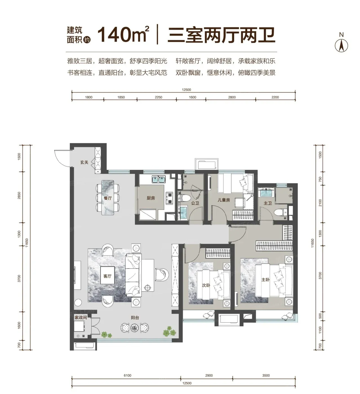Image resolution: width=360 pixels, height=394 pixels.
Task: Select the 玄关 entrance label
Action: (x=84, y=162)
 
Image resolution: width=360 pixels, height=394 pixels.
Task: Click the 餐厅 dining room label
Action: (x=108, y=198)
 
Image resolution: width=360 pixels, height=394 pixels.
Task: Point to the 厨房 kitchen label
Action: (x=151, y=198)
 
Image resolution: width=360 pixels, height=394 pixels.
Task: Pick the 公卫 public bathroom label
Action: (x=195, y=203)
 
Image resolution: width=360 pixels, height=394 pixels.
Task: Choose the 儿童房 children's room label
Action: (x=224, y=200)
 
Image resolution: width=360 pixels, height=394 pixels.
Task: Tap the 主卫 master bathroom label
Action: (x=268, y=203)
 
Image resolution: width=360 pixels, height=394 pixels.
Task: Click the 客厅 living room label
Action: (x=107, y=276)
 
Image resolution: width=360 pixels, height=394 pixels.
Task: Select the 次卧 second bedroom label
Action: (x=206, y=285)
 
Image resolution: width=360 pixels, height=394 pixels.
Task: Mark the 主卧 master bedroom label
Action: (x=265, y=279)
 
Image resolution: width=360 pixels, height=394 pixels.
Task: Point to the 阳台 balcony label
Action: (x=135, y=318)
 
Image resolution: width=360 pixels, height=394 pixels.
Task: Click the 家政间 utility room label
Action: (x=81, y=317)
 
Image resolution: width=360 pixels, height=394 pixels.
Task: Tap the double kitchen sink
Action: (x=158, y=179)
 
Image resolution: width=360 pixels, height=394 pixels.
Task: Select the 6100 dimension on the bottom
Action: (x=127, y=375)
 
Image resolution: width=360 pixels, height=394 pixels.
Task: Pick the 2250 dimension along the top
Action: (x=159, y=97)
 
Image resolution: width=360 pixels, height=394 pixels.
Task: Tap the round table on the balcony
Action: (x=134, y=328)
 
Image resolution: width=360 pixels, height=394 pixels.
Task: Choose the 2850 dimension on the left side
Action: (x=19, y=195)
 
